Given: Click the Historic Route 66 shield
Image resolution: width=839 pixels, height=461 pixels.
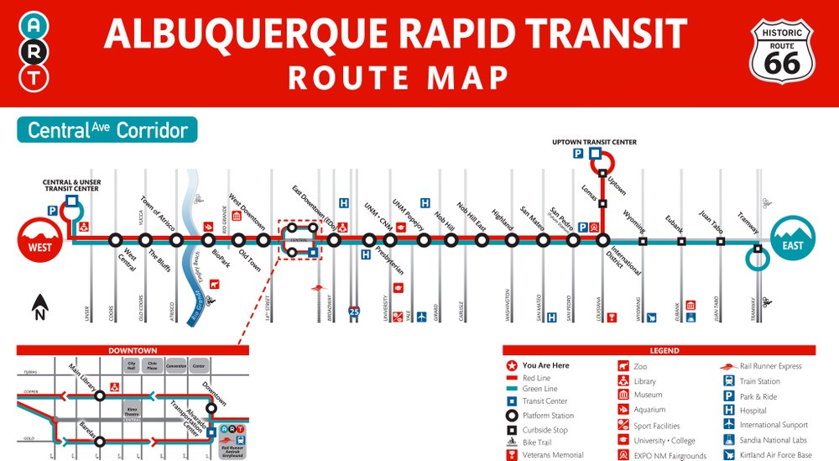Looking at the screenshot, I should (781, 52).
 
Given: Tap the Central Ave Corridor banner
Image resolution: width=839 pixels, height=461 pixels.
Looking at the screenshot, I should (107, 130).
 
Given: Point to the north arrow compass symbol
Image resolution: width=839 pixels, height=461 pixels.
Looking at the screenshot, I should (39, 307).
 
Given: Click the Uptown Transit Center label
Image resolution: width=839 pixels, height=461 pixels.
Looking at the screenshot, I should (594, 143).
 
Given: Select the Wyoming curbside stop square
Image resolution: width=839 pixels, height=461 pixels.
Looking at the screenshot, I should (643, 241).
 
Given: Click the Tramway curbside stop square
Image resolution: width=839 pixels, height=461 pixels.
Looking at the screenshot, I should (757, 248).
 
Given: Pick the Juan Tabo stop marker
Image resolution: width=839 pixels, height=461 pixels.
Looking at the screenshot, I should (721, 241).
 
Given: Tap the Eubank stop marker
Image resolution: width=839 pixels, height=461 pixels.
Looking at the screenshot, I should (681, 241).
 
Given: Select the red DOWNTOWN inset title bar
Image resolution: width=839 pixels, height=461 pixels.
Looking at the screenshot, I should (133, 350).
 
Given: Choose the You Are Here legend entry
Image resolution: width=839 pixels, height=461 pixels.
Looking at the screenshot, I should (545, 366).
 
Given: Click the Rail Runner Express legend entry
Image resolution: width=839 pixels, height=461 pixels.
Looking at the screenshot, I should (769, 366).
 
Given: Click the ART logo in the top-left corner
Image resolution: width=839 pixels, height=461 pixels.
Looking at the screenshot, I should (34, 52).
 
